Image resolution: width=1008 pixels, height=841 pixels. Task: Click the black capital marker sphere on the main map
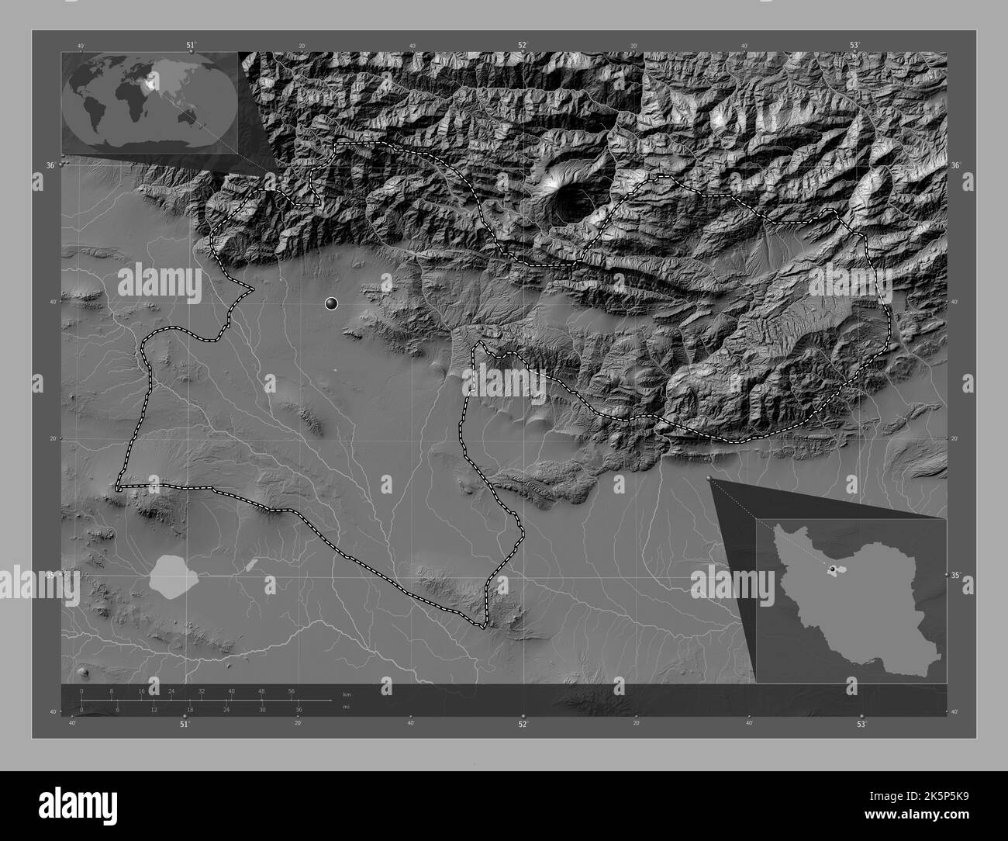[332, 303]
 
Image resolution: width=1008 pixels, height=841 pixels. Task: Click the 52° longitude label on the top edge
[523, 46]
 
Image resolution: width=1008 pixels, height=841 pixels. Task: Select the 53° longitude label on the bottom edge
[861, 724]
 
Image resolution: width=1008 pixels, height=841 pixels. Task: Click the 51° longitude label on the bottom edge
[185, 724]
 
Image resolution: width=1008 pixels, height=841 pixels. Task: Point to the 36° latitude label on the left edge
[50, 165]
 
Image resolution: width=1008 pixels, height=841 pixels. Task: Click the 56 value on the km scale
[292, 690]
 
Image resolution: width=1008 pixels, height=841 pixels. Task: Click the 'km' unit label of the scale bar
[347, 694]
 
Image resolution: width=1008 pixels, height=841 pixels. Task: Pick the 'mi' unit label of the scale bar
[346, 706]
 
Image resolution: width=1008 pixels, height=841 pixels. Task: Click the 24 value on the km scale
[171, 690]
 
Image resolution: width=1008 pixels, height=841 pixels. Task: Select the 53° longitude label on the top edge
[854, 46]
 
